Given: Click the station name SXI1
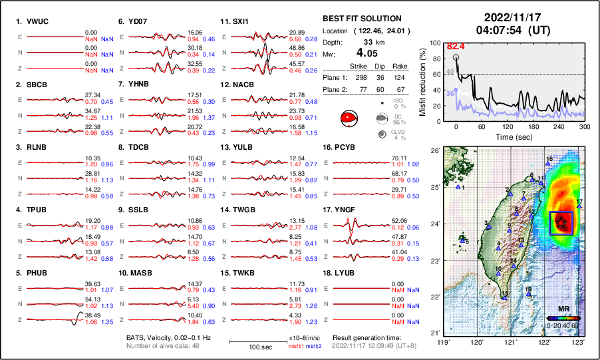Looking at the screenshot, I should (240, 21).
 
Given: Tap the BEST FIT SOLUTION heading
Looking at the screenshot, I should (361, 18).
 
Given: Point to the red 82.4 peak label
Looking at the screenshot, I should (456, 46).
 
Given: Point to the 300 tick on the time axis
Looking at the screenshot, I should (585, 126).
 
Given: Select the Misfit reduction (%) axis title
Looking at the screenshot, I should (423, 81).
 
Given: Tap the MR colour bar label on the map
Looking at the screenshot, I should (562, 309).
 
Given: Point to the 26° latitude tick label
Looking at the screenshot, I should (435, 151).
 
